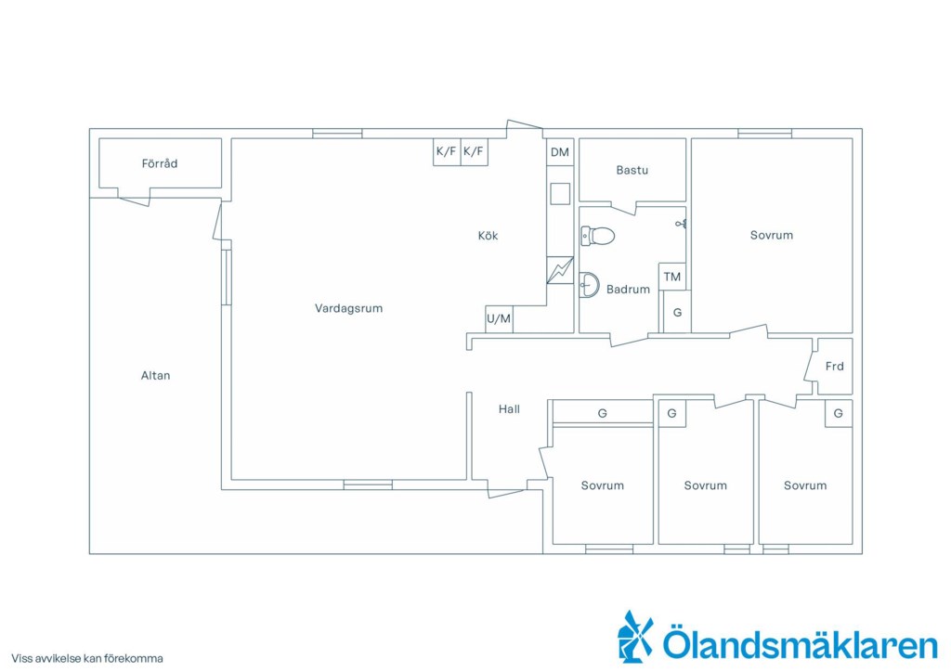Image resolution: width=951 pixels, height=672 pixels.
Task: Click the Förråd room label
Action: click(160, 163)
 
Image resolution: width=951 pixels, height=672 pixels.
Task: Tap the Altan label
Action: click(155, 376)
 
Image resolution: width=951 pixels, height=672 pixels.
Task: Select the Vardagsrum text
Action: click(349, 308)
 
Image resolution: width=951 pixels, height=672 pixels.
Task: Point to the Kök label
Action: click(488, 236)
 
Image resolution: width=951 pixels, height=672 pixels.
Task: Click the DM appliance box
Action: click(560, 152)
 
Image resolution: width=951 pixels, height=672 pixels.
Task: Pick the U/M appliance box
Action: click(499, 318)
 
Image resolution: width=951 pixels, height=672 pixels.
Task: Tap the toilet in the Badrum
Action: click(597, 236)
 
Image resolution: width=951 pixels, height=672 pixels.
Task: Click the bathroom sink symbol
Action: click(589, 285)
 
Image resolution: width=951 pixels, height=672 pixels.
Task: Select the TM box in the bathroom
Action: click(672, 277)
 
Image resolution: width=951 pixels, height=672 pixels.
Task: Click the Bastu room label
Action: click(632, 170)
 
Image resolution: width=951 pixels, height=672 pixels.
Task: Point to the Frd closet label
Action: click(835, 366)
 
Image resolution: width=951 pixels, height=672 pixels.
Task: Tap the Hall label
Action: click(509, 409)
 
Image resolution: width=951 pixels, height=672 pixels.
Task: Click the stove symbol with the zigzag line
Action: click(560, 270)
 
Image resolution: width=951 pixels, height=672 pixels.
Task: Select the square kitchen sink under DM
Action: click(560, 194)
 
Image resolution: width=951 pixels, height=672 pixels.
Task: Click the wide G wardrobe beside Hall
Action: click(602, 413)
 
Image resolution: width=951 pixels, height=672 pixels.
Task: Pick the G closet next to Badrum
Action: click(677, 313)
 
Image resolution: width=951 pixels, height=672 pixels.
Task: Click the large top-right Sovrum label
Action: click(772, 236)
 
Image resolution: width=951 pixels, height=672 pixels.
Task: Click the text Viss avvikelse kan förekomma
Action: click(86, 659)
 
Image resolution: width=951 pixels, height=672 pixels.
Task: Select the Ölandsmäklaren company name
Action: click(800, 643)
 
